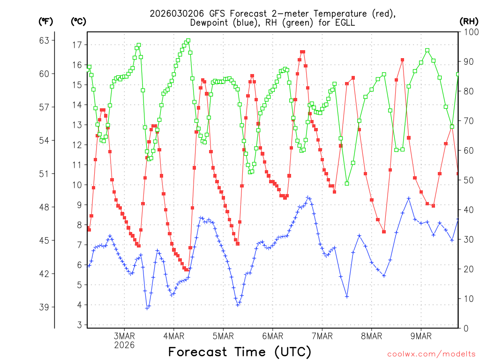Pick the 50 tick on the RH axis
pyautogui.click(x=468, y=180)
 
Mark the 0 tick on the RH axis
pyautogui.click(x=465, y=328)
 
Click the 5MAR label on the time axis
pyautogui.click(x=223, y=336)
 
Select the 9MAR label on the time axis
pyautogui.click(x=421, y=336)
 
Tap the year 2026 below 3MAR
pyautogui.click(x=125, y=345)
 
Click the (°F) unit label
pyautogui.click(x=46, y=21)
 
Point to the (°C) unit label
pyautogui.click(x=79, y=21)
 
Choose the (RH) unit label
pyautogui.click(x=469, y=21)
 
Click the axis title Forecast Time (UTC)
pyautogui.click(x=240, y=352)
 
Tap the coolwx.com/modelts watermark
pyautogui.click(x=431, y=354)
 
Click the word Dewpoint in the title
pyautogui.click(x=210, y=22)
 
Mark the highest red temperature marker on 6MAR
pyautogui.click(x=302, y=52)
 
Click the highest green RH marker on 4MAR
pyautogui.click(x=188, y=41)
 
